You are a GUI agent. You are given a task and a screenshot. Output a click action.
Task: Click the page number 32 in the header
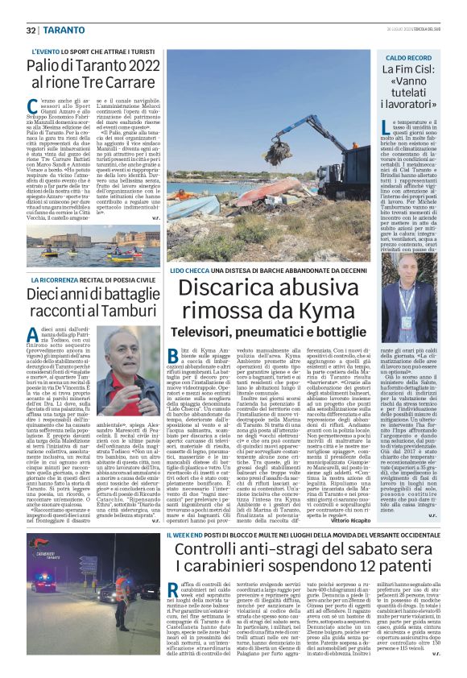31,30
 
